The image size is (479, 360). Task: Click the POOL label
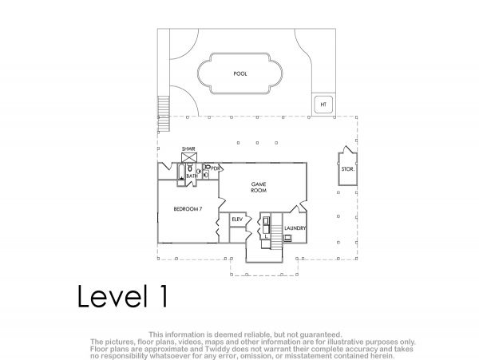240,74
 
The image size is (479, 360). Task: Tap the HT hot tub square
323,104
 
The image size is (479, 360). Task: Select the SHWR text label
188,149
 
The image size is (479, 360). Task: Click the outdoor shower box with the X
189,158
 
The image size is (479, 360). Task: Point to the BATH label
192,176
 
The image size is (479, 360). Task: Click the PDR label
216,168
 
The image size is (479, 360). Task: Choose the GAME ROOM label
259,187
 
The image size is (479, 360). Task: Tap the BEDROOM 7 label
188,209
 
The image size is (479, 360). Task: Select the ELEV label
237,220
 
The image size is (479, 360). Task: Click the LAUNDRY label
295,228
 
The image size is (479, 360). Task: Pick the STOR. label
348,169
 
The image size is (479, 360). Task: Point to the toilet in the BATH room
190,167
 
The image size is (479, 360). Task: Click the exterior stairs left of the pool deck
164,113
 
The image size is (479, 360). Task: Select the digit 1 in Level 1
163,296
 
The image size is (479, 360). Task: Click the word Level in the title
110,296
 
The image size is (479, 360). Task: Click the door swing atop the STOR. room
347,150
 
